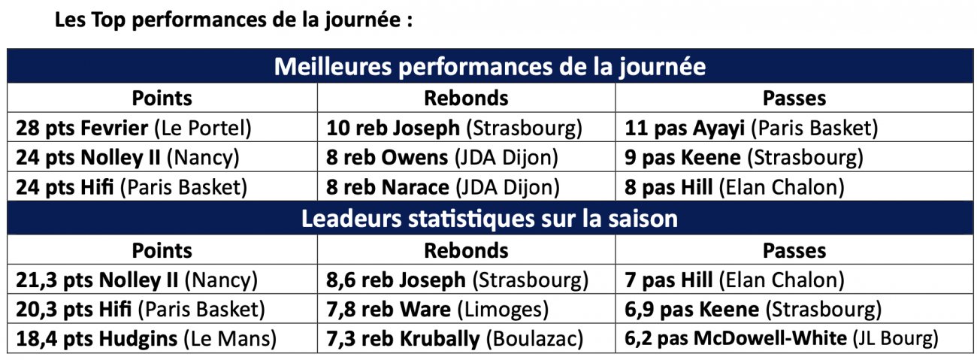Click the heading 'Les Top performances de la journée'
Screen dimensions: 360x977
tap(234, 20)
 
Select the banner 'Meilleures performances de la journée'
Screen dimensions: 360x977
tap(489, 66)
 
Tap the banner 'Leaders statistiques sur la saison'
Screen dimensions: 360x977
tap(489, 219)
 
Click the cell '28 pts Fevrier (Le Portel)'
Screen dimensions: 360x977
tap(133, 128)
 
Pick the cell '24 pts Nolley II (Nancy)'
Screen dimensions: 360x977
tap(128, 158)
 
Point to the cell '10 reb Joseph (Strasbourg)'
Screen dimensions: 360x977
tap(454, 128)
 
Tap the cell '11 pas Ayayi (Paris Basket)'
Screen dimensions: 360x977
tap(751, 128)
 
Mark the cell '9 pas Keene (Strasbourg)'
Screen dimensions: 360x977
tap(744, 158)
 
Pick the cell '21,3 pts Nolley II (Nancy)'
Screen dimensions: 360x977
tap(137, 280)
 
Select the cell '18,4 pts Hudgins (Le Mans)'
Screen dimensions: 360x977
tap(146, 339)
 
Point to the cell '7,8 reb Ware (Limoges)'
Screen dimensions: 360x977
tap(437, 310)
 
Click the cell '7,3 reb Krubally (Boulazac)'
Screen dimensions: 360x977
tap(455, 339)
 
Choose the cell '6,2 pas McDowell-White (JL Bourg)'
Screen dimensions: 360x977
tap(782, 339)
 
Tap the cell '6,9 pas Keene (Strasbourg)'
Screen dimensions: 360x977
tap(753, 310)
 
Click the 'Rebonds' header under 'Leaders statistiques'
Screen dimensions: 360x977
tap(466, 250)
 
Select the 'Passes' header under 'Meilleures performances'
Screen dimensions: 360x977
tap(794, 98)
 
